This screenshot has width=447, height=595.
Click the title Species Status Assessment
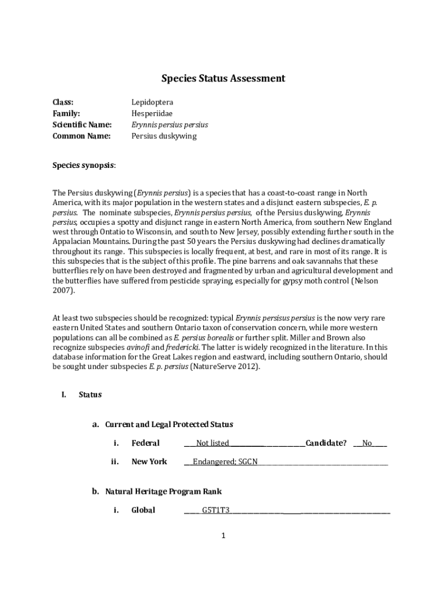pyautogui.click(x=223, y=78)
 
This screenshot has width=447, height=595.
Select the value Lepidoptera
pyautogui.click(x=152, y=102)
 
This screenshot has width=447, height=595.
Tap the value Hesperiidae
pyautogui.click(x=152, y=113)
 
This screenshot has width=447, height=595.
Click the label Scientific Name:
pyautogui.click(x=82, y=125)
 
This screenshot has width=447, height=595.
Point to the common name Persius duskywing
pyautogui.click(x=164, y=136)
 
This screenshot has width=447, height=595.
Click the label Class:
pyautogui.click(x=63, y=102)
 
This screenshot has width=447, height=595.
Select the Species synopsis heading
pyautogui.click(x=84, y=165)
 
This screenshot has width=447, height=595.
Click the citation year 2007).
pyautogui.click(x=64, y=291)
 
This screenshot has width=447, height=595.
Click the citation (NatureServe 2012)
pyautogui.click(x=225, y=367)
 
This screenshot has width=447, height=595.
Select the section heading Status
pyautogui.click(x=90, y=395)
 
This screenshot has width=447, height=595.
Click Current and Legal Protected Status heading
pyautogui.click(x=169, y=425)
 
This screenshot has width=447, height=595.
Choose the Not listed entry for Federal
pyautogui.click(x=212, y=443)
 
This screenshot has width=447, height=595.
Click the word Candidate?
pyautogui.click(x=326, y=443)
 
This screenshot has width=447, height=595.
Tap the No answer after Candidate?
pyautogui.click(x=367, y=443)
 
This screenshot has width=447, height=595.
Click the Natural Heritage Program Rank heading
pyautogui.click(x=163, y=492)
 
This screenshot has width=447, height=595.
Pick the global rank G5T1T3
pyautogui.click(x=216, y=511)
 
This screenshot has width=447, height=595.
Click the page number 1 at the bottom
pyautogui.click(x=223, y=535)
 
